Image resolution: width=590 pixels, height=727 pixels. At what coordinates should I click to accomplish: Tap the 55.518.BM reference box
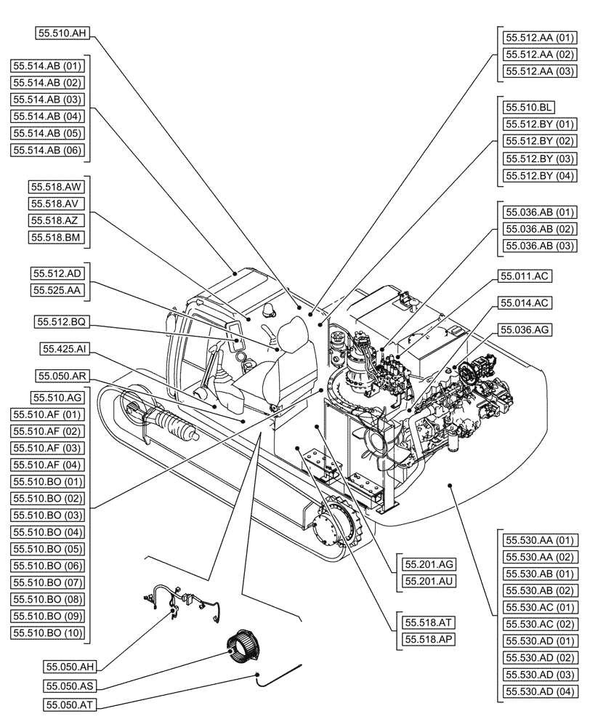(x=57, y=238)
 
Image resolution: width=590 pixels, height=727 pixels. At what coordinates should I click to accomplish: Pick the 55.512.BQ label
(x=61, y=321)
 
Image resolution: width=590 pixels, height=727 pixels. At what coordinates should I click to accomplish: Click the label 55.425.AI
(x=65, y=350)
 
